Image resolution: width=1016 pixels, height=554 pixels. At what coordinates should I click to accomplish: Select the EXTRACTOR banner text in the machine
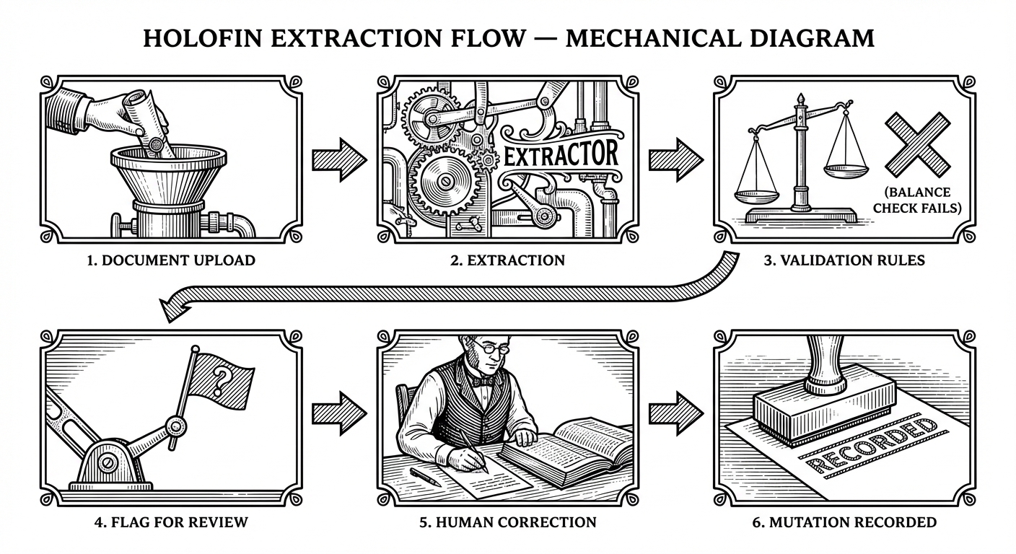560,155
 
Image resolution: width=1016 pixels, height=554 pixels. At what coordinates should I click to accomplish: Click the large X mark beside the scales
918,144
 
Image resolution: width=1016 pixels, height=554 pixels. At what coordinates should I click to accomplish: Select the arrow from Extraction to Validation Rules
675,157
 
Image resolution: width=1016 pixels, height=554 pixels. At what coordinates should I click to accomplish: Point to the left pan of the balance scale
756,195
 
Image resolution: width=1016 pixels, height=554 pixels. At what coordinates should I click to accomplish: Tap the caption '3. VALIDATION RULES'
844,260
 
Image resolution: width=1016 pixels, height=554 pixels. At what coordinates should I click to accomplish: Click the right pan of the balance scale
846,170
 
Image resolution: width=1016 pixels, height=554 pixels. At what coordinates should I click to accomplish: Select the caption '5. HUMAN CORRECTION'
507,522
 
